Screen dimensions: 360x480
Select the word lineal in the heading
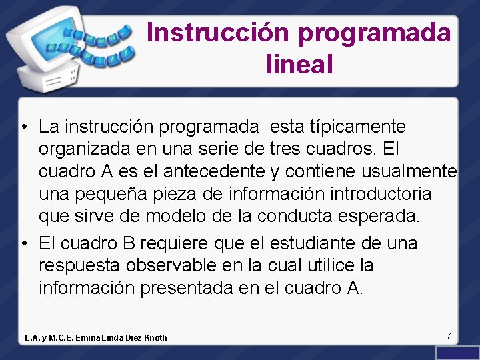point(299,64)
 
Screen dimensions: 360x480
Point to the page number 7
point(449,336)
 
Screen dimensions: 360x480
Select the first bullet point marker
point(23,127)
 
